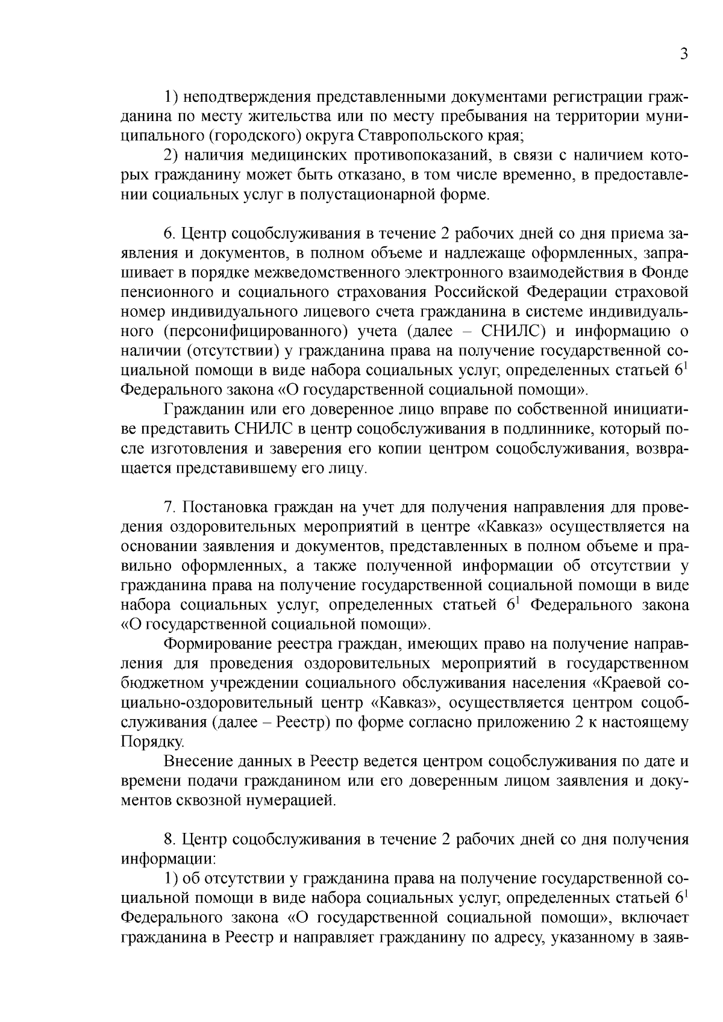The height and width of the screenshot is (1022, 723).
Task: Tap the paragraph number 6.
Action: click(x=169, y=234)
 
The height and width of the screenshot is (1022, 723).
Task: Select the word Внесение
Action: click(x=196, y=761)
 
